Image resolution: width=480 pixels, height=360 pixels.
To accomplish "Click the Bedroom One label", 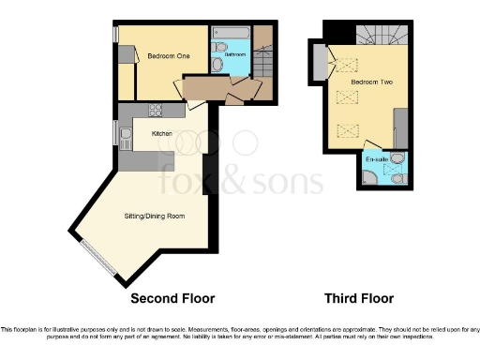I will [x=169, y=56].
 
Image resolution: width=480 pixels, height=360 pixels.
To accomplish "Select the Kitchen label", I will [x=162, y=134].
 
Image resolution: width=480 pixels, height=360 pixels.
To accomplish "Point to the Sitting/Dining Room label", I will [x=155, y=216].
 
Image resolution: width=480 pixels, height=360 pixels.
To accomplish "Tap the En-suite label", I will [x=376, y=160].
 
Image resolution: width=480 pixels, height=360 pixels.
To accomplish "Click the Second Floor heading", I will [x=172, y=299].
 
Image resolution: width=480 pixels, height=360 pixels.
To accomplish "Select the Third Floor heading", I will [x=358, y=299].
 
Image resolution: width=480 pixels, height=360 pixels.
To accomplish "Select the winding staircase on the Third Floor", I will [x=379, y=35].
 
